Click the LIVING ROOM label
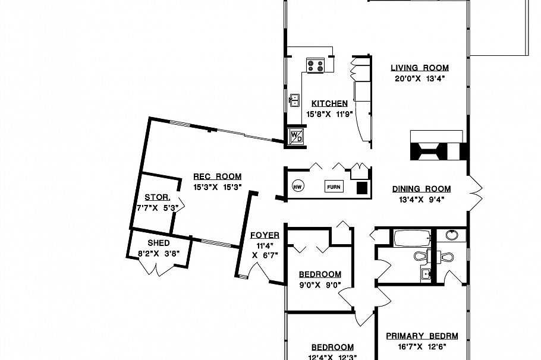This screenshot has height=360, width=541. (420, 68)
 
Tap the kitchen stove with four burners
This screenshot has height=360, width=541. (316, 65)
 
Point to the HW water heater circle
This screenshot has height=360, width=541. (298, 187)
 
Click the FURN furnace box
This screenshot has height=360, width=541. (334, 187)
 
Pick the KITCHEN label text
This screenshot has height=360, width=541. (329, 103)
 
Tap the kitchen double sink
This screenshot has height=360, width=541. (294, 100)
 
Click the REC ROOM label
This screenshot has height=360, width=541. (218, 176)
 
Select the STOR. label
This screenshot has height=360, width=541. (158, 197)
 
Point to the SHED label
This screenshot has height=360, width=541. (159, 243)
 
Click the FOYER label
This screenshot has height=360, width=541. (265, 235)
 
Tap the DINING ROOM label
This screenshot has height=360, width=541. (422, 189)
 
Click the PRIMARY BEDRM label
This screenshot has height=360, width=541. (422, 336)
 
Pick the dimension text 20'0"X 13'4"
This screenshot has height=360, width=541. (420, 78)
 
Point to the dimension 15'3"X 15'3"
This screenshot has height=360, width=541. (218, 187)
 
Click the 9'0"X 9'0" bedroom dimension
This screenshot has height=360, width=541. (320, 285)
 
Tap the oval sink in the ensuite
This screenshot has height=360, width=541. (452, 235)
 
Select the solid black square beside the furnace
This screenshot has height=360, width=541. (361, 187)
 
